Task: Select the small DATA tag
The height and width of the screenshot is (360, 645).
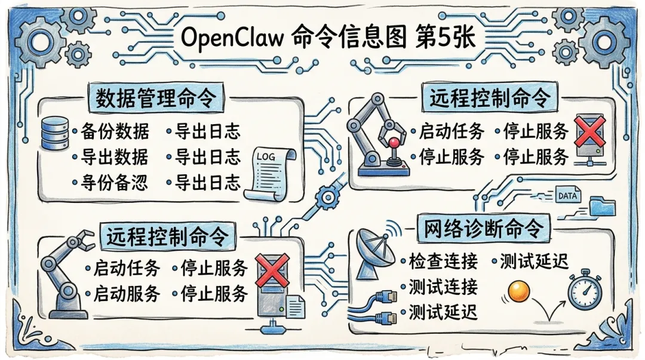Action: [x=566, y=195]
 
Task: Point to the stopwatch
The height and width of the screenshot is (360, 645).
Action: [x=584, y=291]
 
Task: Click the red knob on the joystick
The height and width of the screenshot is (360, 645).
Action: [x=394, y=143]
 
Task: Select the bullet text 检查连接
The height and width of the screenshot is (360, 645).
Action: [x=443, y=261]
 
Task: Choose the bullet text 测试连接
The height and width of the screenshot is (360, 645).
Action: [x=443, y=287]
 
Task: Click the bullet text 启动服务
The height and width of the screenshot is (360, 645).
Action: [x=127, y=294]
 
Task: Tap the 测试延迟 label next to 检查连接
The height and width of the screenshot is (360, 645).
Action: [x=533, y=261]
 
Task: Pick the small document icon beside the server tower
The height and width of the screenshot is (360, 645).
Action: [x=294, y=308]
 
